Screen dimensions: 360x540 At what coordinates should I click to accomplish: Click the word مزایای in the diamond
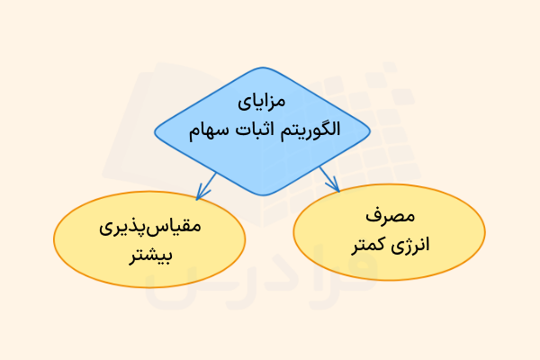pos(263,100)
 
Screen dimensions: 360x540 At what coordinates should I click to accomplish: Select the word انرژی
pos(413,244)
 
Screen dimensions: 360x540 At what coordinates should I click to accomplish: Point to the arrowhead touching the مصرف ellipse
pos(335,186)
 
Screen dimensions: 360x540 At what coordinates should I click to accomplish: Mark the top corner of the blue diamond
pos(262,69)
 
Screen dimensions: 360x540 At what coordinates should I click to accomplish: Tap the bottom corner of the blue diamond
pos(262,195)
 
